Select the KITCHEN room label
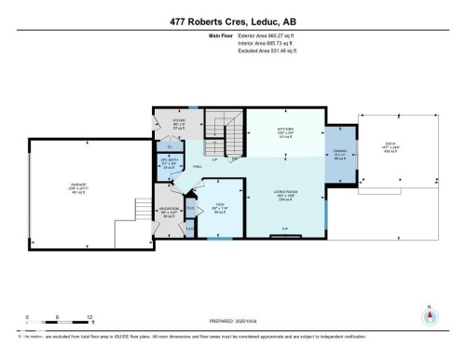click(285, 130)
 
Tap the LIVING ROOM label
click(285, 193)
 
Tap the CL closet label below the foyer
click(170, 146)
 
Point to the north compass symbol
click(429, 314)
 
